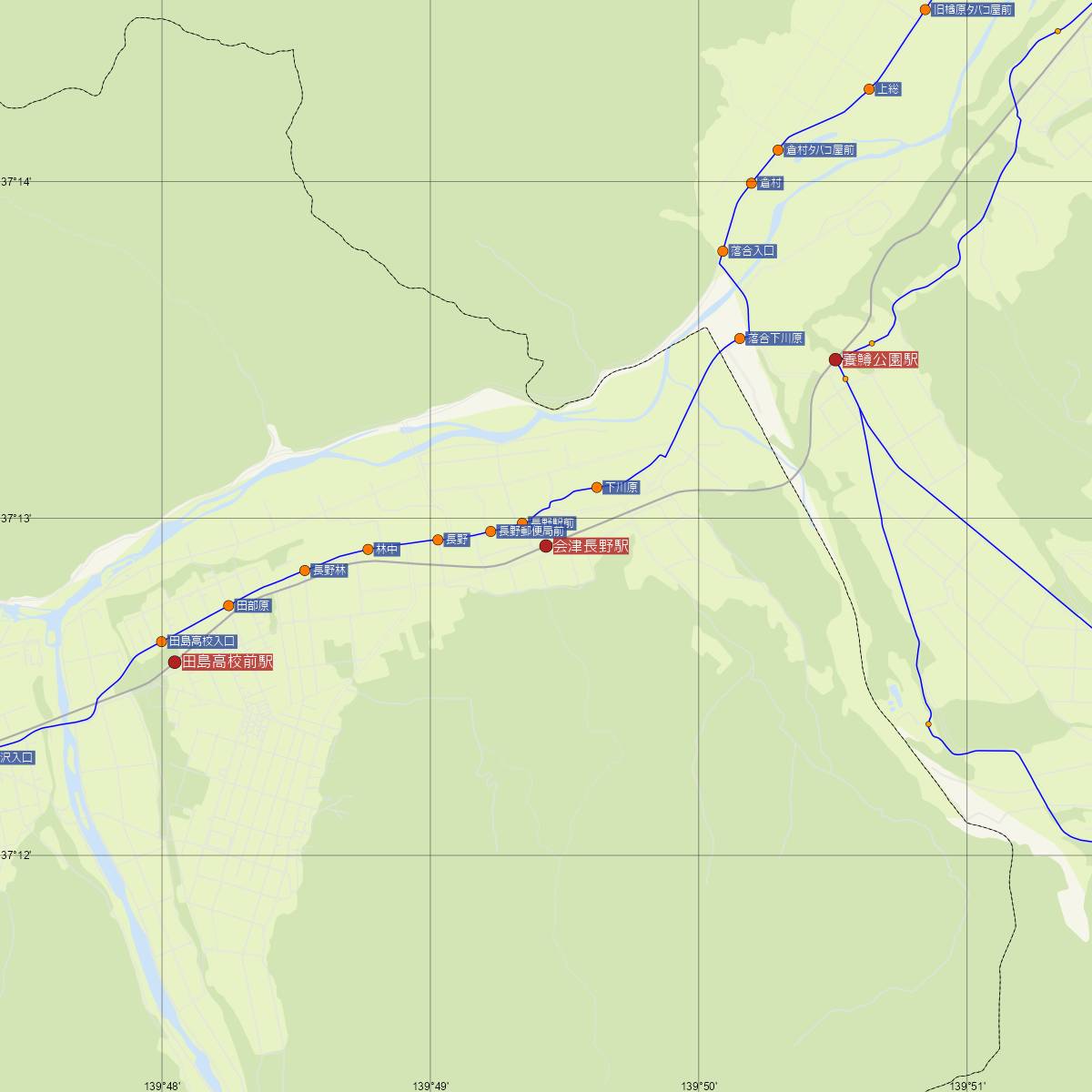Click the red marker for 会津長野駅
546,546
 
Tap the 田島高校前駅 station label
227,662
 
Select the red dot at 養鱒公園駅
834,359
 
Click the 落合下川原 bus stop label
775,339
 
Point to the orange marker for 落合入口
723,251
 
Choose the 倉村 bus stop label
770,184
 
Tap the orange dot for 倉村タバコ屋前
778,150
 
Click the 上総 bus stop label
887,89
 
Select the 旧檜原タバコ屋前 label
972,10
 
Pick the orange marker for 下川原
597,488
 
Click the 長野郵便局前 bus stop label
531,531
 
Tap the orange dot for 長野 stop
438,540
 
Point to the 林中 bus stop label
387,550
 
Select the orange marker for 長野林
305,571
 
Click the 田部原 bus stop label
253,605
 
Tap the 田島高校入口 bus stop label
202,641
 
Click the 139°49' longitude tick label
430,1086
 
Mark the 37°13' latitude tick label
15,519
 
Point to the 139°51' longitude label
967,1086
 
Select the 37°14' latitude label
15,182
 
